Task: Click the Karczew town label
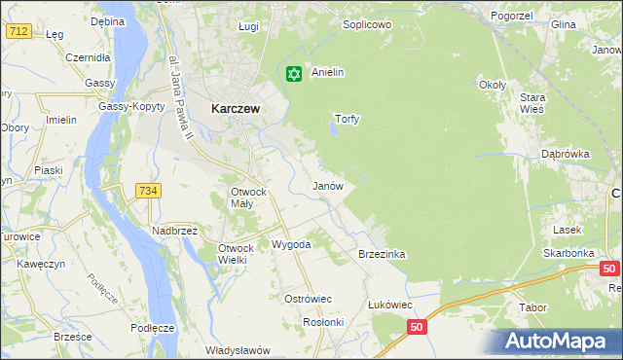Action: (235, 110)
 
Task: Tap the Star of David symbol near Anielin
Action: (293, 73)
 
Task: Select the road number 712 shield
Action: (17, 31)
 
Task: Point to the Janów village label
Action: (327, 185)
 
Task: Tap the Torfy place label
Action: (348, 120)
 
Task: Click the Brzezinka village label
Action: (382, 254)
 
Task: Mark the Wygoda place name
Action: (290, 244)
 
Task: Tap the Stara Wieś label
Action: (558, 103)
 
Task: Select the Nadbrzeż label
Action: (174, 231)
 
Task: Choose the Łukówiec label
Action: (390, 304)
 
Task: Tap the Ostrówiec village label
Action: (308, 299)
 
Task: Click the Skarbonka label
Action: (569, 253)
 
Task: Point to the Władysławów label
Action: (238, 349)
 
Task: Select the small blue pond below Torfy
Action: (335, 133)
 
